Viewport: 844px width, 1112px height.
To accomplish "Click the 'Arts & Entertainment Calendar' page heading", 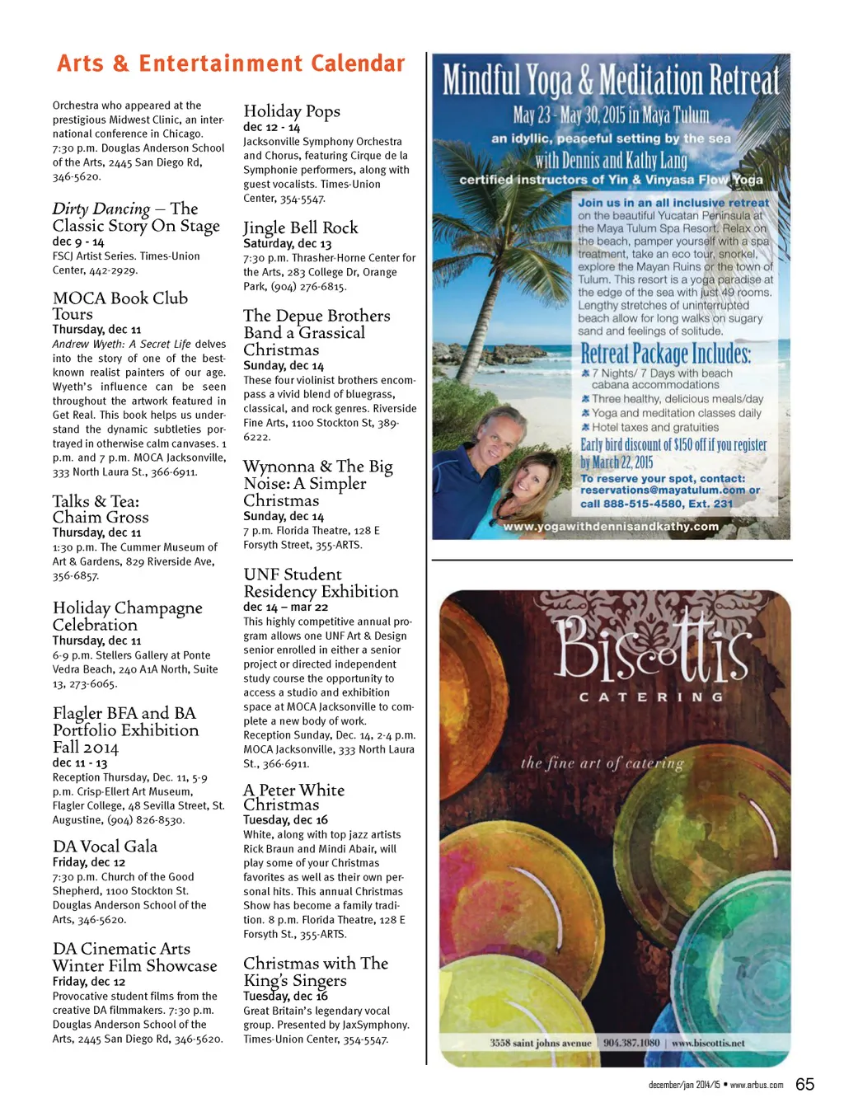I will (x=231, y=64).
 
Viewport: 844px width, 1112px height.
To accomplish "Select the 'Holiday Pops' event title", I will (x=292, y=111).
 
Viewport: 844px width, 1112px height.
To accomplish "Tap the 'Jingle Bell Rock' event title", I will (x=301, y=228).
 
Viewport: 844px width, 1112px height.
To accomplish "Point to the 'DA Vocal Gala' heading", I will (x=105, y=847).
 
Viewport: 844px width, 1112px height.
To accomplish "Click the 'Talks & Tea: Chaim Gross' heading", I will (x=101, y=509).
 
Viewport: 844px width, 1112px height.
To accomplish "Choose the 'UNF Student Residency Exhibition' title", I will (x=321, y=583).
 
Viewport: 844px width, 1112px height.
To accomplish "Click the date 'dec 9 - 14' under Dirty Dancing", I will (x=78, y=242).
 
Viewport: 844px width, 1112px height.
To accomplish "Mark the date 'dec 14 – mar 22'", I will (x=285, y=607).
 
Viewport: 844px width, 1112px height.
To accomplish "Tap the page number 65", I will (x=804, y=1084).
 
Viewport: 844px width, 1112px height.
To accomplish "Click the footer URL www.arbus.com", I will (x=757, y=1085).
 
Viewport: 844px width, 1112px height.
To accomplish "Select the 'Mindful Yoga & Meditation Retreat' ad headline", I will (x=610, y=81).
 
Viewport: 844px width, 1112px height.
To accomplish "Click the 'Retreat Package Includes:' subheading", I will (x=666, y=354).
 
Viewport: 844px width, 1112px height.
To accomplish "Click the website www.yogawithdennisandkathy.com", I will (x=611, y=526).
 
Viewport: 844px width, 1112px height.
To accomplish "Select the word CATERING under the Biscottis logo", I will (x=651, y=697).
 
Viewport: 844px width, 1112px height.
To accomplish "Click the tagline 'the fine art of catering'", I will (x=603, y=762).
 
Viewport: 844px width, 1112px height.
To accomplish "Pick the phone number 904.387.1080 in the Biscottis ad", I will (x=631, y=1043).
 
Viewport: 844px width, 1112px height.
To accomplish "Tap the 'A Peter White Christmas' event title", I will (x=293, y=797).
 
